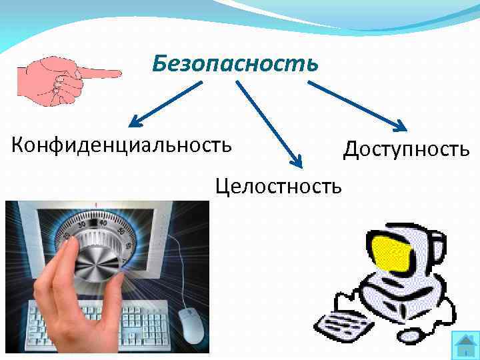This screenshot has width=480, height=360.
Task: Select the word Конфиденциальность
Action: pos(122,144)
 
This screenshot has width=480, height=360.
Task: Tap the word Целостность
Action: pos(278,184)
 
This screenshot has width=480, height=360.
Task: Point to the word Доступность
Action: pos(406,149)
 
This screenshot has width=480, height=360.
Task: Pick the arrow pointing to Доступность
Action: pos(357,104)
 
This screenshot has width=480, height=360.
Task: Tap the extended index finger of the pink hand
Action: pos(100,71)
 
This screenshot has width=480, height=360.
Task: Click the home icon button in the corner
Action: pos(464,345)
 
